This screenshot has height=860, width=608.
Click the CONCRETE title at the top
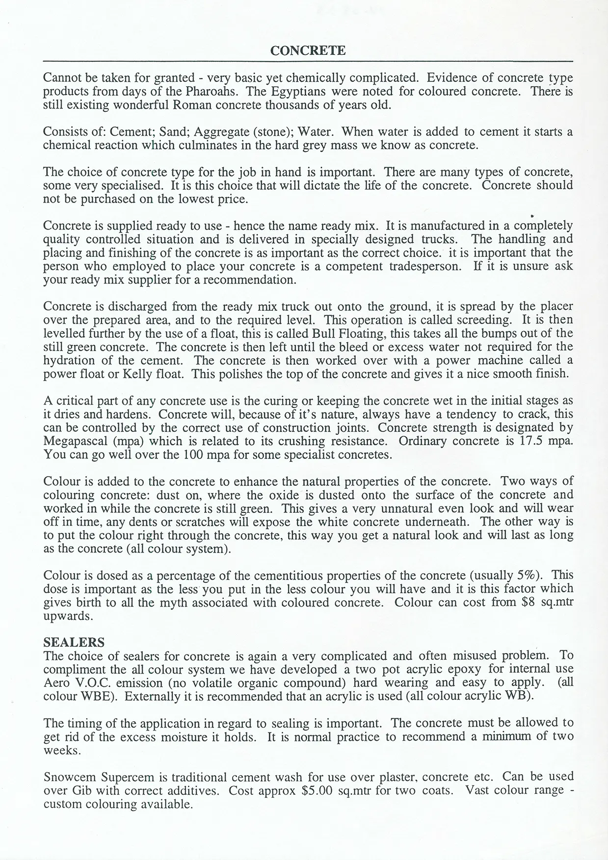pos(308,51)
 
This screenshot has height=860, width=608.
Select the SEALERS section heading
pos(74,643)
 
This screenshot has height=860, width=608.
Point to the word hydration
pos(69,360)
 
